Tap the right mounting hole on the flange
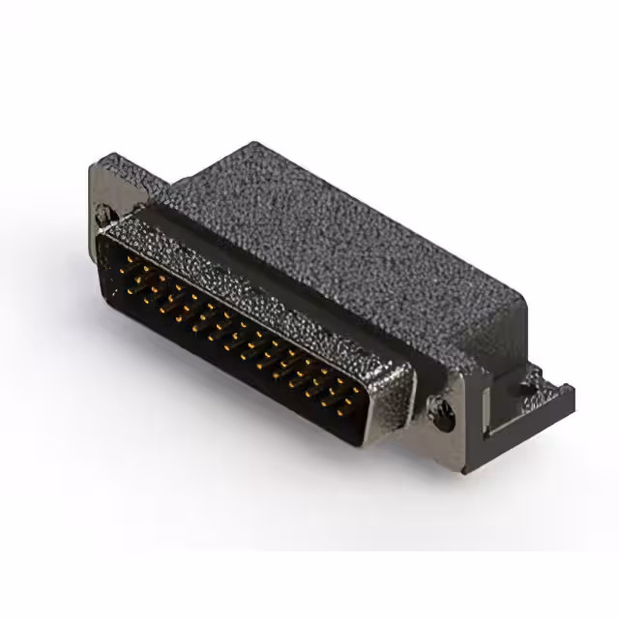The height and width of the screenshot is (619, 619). [x=444, y=418]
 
